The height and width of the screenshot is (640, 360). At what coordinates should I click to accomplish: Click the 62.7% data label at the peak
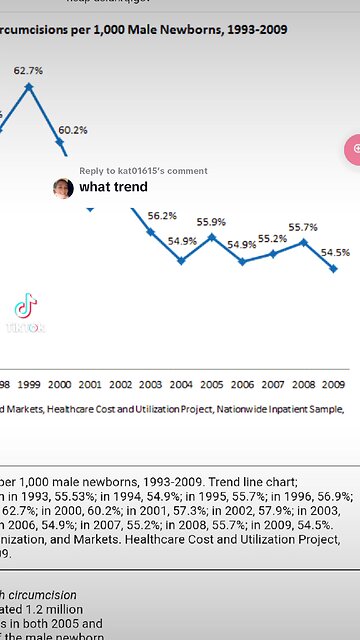[x=28, y=70]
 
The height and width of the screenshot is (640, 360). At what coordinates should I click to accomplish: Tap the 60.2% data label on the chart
[x=72, y=130]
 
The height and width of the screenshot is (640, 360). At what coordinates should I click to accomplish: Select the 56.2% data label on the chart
[x=162, y=215]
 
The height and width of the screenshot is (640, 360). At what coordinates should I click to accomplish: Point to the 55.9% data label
[x=210, y=222]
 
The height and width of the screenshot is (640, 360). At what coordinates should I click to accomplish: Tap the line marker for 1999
[x=29, y=87]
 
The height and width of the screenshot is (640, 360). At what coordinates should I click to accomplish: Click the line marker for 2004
[x=181, y=260]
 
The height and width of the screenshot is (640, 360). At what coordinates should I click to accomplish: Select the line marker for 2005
[x=211, y=237]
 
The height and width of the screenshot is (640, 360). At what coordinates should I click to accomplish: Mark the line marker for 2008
[x=303, y=241]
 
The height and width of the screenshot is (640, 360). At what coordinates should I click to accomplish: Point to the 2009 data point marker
[x=334, y=268]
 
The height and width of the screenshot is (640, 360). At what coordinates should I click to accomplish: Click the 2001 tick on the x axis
[x=90, y=384]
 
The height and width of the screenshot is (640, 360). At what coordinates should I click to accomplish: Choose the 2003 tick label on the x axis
[x=150, y=384]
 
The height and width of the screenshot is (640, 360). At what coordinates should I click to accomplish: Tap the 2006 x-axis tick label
[x=242, y=384]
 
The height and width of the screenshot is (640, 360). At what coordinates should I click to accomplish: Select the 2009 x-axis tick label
[x=334, y=384]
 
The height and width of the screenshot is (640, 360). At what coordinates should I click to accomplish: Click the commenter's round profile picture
[x=63, y=188]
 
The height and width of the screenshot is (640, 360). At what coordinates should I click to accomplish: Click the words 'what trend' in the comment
[x=114, y=187]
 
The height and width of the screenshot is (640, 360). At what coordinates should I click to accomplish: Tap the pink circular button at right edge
[x=353, y=148]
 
